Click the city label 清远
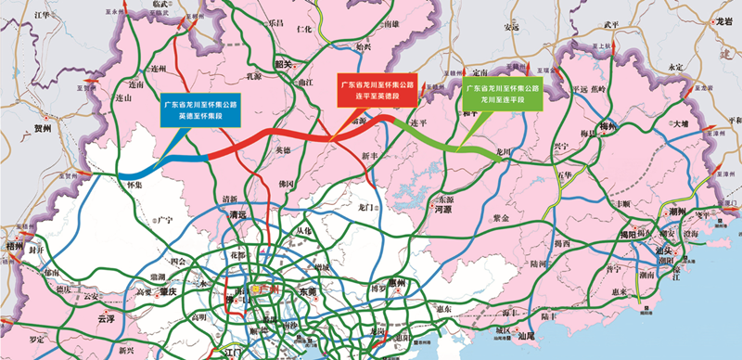(x=239, y=215)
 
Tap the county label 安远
(x=512, y=28)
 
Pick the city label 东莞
(x=307, y=291)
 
